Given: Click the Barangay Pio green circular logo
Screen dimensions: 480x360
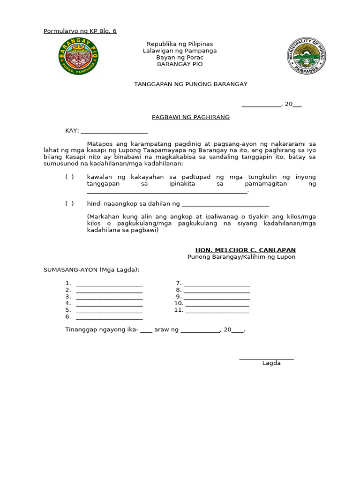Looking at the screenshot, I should pyautogui.click(x=78, y=56).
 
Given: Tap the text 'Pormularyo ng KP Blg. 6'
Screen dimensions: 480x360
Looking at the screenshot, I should pyautogui.click(x=80, y=31).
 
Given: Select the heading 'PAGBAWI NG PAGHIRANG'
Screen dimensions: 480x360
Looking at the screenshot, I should pyautogui.click(x=191, y=117).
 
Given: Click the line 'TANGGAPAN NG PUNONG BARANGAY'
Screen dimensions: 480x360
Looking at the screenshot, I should pyautogui.click(x=191, y=84).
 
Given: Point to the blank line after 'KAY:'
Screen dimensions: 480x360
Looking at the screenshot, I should pyautogui.click(x=114, y=132).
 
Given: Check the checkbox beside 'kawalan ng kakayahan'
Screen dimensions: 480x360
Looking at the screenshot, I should pyautogui.click(x=69, y=177).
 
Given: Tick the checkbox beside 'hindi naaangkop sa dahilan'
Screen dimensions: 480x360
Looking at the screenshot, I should pyautogui.click(x=69, y=203).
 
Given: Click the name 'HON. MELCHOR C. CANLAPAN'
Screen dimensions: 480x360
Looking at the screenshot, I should pyautogui.click(x=246, y=250).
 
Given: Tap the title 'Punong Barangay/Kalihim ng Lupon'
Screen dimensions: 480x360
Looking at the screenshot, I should pyautogui.click(x=241, y=257).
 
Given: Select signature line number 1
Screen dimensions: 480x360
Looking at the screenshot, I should pyautogui.click(x=109, y=284).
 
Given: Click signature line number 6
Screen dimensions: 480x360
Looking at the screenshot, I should pyautogui.click(x=109, y=318).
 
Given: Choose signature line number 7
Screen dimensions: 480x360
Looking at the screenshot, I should pyautogui.click(x=217, y=284).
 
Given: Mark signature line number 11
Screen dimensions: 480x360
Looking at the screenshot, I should pyautogui.click(x=217, y=311).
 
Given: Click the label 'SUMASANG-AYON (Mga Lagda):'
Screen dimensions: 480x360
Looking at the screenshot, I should pyautogui.click(x=91, y=270).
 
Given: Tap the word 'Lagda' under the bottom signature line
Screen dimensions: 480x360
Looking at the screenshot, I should pyautogui.click(x=271, y=363).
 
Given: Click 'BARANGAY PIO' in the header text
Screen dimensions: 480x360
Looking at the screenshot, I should pyautogui.click(x=180, y=64).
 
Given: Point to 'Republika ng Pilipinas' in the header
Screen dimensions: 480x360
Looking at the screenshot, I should pyautogui.click(x=180, y=44).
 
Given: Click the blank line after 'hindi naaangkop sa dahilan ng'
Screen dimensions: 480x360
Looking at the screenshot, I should pyautogui.click(x=225, y=204).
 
